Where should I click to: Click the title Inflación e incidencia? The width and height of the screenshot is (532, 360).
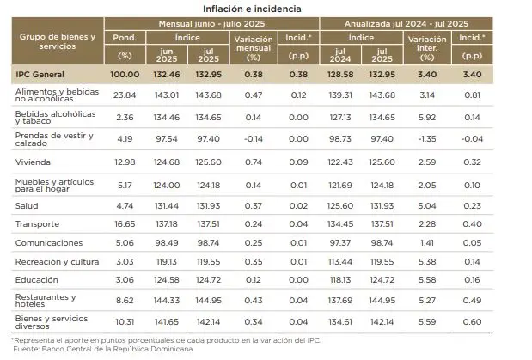tap(266, 9)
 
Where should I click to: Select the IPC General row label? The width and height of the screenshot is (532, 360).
tap(42, 75)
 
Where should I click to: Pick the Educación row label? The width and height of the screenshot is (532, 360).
tap(38, 279)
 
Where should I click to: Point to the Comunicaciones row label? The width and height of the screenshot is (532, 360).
tap(49, 243)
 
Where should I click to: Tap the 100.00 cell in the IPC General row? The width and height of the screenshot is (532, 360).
tap(124, 75)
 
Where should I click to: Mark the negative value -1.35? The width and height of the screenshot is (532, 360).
tap(426, 137)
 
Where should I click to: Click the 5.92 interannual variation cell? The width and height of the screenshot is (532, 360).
tap(427, 116)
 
